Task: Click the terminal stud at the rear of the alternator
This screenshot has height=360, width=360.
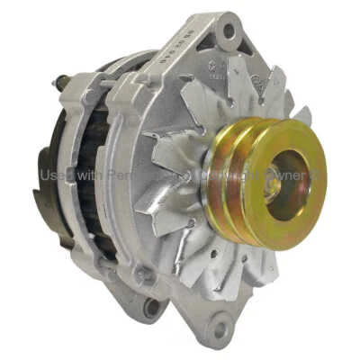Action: tap(62, 82)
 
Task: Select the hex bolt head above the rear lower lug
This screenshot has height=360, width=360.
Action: tap(139, 273)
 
